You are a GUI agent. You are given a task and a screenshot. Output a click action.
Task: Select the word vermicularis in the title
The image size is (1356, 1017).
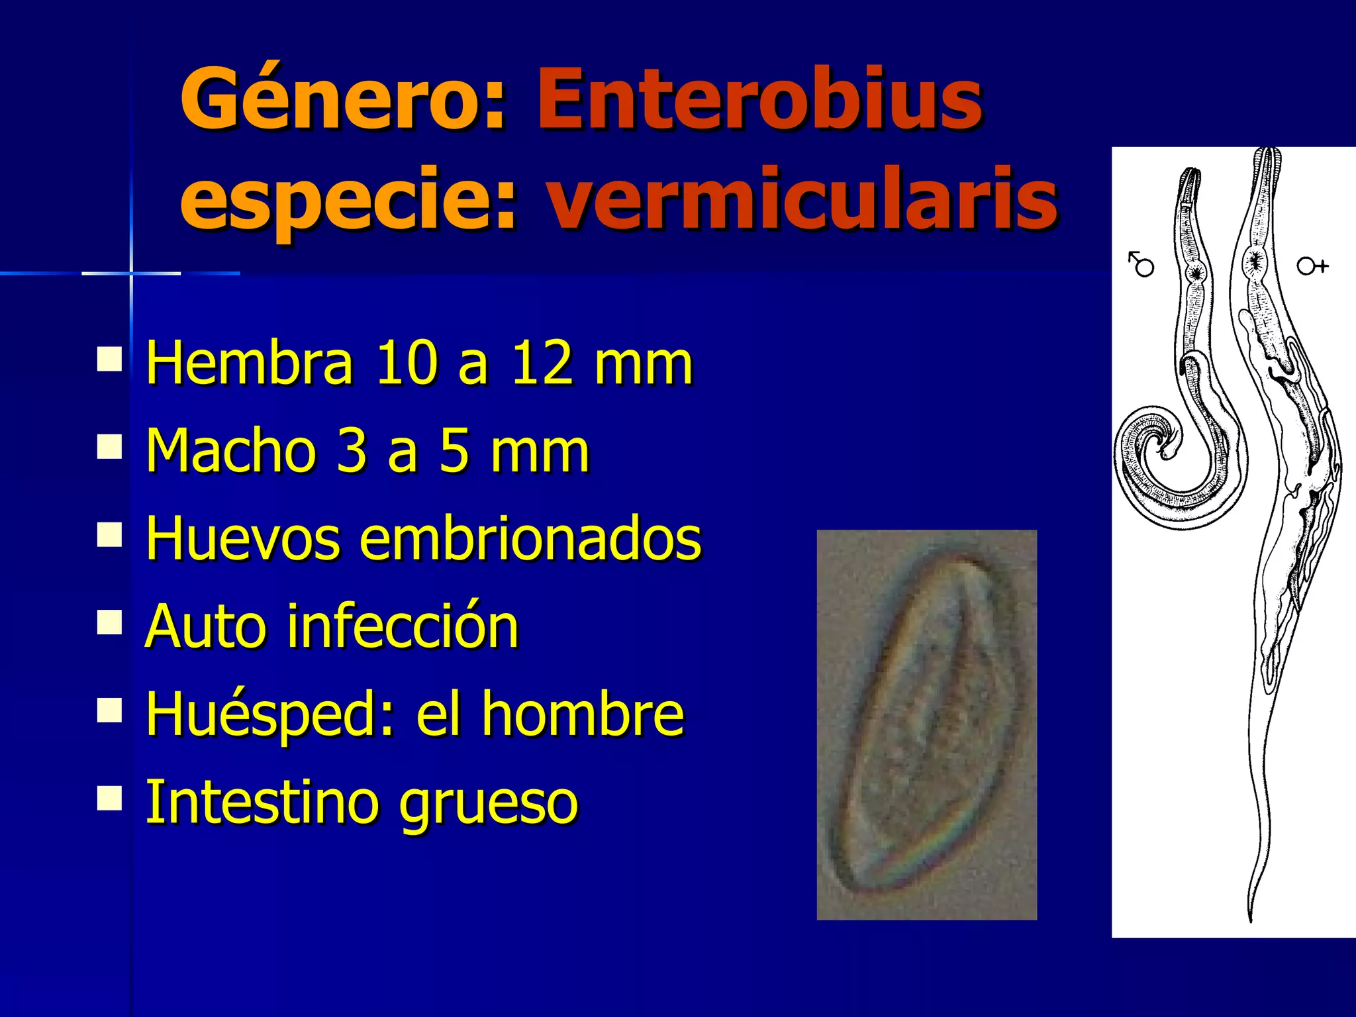(801, 199)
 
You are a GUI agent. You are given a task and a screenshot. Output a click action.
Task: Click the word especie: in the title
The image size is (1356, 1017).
(348, 199)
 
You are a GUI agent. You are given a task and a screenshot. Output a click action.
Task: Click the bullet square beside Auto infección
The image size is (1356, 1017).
(109, 622)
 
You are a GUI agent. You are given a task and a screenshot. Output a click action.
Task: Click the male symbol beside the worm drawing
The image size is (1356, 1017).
(1141, 264)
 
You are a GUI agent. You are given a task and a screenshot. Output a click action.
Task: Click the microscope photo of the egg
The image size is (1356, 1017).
(926, 724)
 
